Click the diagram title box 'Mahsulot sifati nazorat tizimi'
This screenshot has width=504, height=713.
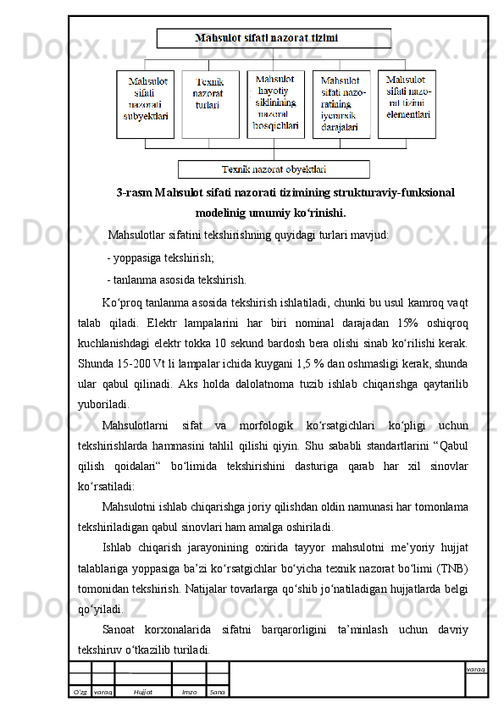[273, 38]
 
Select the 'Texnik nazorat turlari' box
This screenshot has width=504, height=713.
[210, 102]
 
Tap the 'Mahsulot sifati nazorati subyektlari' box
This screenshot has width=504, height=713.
[146, 102]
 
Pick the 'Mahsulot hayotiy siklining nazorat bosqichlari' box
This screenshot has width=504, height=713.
[276, 102]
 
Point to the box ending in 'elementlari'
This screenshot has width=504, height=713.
[407, 102]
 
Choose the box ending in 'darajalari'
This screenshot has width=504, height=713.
[341, 103]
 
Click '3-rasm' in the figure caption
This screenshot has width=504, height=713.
[135, 193]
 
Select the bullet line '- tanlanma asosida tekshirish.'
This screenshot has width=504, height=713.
[176, 279]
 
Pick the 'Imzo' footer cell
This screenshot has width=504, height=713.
[189, 692]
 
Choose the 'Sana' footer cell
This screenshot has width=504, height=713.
[218, 692]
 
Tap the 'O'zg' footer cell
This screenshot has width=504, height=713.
[80, 692]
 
